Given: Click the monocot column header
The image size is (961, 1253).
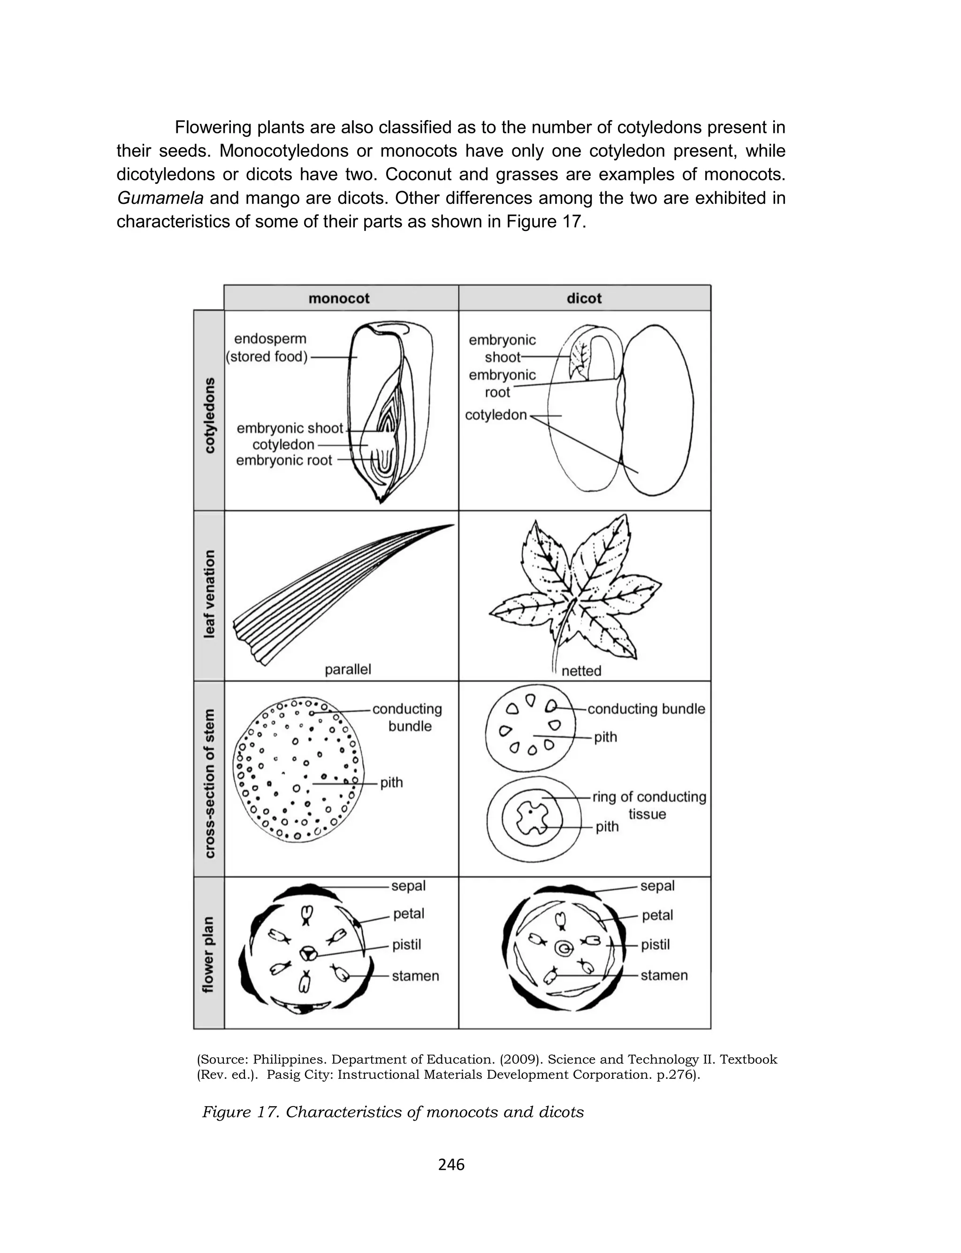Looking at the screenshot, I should point(339,299).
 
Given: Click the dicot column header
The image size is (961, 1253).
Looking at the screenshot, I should point(584,299).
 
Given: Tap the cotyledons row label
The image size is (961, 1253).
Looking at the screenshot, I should point(210,415).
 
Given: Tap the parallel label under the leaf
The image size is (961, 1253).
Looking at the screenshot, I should point(348,669).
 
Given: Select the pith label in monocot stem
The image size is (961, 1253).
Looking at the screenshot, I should point(391,782).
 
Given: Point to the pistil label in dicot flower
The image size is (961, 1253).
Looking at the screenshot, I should point(655,944).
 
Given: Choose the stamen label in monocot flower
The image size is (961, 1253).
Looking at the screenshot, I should point(415,976).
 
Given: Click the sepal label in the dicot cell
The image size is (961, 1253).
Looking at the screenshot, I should point(657,886).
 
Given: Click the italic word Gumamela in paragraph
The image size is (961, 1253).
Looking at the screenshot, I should point(160,199).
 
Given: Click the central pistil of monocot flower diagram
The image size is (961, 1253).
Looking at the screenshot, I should point(307,953).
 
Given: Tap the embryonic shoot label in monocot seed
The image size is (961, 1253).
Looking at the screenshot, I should point(290,428).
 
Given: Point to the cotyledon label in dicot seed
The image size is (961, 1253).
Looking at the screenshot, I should point(496,415).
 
